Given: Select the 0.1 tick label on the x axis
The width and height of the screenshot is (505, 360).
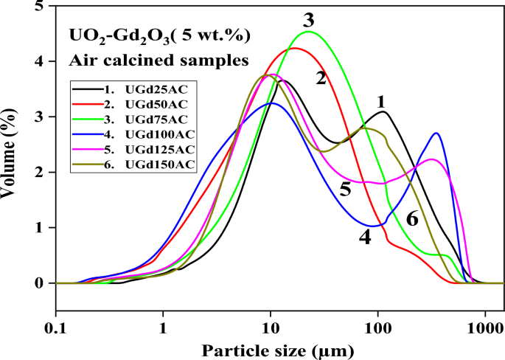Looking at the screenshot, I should pos(56,325).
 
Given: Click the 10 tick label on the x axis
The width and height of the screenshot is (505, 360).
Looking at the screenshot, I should pos(271,325).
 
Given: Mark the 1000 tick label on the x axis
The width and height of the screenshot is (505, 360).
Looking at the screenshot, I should pos(484,325).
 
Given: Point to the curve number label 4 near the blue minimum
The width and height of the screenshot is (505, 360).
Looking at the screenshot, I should pos(364,238).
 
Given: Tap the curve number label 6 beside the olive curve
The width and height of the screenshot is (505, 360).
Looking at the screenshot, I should pos(412,218).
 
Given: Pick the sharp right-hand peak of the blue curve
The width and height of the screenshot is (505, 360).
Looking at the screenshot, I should pos(437,134).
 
